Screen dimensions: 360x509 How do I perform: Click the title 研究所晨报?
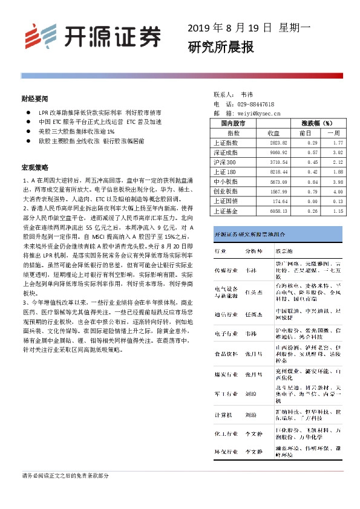click(x=220, y=47)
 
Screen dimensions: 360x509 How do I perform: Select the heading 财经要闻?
click(x=34, y=98)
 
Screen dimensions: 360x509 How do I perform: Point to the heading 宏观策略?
click(x=34, y=167)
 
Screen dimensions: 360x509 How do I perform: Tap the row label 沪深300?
click(x=224, y=163)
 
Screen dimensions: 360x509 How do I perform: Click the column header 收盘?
click(x=273, y=132)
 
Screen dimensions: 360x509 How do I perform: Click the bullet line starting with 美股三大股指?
click(x=76, y=131)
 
